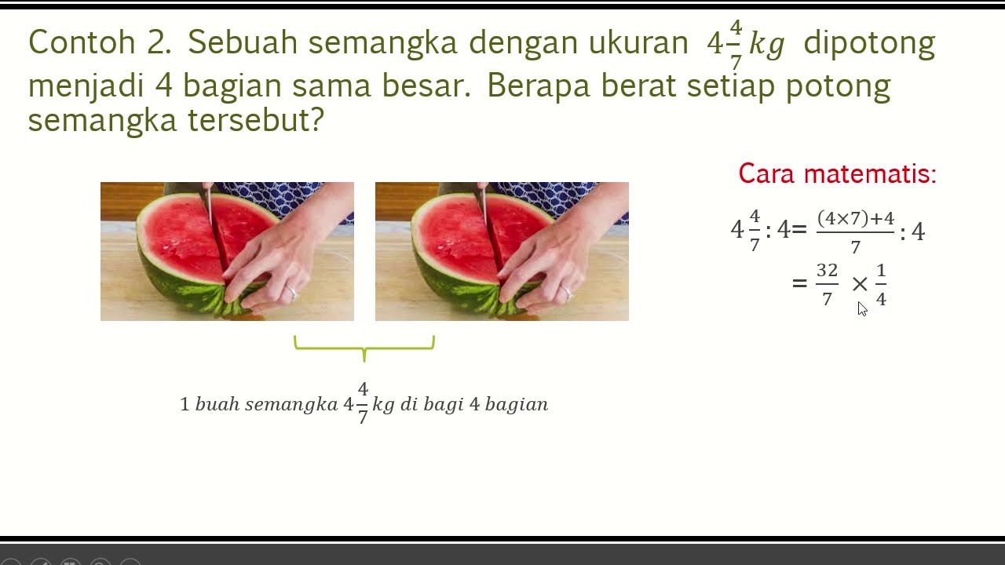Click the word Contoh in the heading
click(x=82, y=42)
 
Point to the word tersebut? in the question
click(x=255, y=120)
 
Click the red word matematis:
click(x=870, y=173)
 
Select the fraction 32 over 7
click(x=827, y=284)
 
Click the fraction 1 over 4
click(x=881, y=284)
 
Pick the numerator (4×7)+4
click(x=856, y=218)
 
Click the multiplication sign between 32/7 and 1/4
click(x=860, y=284)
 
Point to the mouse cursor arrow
click(x=862, y=308)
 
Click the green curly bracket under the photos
click(x=364, y=348)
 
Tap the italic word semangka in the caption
click(x=291, y=405)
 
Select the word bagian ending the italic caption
click(x=517, y=405)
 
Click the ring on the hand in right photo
click(x=567, y=293)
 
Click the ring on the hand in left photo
click(x=292, y=293)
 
